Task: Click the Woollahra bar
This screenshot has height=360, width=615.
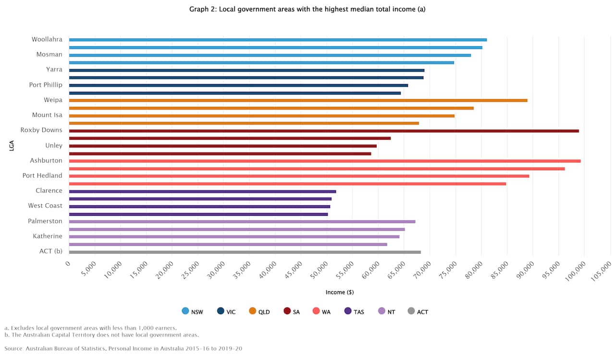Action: coord(278,40)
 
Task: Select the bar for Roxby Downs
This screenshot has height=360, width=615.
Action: coord(324,131)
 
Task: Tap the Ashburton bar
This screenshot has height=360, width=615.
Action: coord(325,161)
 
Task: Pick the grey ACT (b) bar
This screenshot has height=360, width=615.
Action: coord(245,252)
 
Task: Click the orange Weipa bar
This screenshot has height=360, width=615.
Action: coord(298,100)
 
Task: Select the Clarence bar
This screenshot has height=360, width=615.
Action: coord(202,191)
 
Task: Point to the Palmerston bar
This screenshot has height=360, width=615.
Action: coord(242,222)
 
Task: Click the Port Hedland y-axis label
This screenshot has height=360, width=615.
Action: coord(42,175)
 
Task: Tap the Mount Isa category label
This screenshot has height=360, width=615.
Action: coord(47,115)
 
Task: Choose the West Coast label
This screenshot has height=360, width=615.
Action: coord(45,206)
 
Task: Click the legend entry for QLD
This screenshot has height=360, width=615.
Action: coord(259,311)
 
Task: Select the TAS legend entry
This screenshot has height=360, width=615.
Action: coord(354,311)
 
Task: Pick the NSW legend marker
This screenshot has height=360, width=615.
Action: coord(185,311)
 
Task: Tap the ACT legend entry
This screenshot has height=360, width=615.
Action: coord(418,311)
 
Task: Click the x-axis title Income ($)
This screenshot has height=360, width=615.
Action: coord(340,292)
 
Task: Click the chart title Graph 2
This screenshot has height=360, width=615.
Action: coord(307,9)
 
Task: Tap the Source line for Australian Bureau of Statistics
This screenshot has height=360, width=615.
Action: coord(123,348)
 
